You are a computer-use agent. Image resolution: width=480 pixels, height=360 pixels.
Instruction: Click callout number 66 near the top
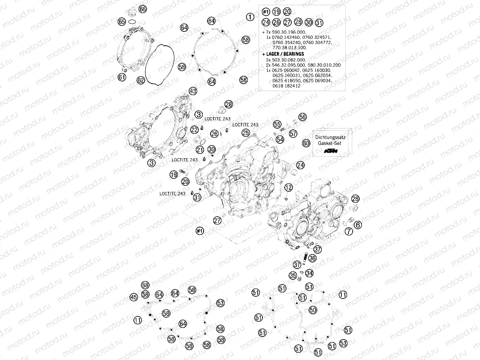tap(143, 9)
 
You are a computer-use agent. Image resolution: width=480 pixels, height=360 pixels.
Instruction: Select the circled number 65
tap(122, 21)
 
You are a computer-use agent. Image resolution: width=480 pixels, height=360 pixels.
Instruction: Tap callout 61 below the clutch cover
tap(122, 78)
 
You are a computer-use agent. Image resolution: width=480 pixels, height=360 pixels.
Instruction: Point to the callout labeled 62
tap(140, 80)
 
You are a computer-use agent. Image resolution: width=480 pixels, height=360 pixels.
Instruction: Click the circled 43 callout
tap(193, 91)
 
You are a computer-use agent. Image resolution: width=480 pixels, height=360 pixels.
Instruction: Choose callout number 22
tap(194, 129)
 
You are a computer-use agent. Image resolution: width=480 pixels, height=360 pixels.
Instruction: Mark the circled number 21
tap(200, 150)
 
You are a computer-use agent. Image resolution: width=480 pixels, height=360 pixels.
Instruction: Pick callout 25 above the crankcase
tap(246, 132)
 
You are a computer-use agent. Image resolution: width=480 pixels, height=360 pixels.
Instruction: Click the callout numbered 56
tap(303, 117)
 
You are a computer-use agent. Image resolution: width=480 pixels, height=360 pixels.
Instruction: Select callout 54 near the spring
tap(280, 139)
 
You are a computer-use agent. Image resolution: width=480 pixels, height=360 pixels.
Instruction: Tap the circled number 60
tap(306, 143)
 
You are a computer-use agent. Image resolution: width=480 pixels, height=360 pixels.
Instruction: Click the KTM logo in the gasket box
tap(333, 151)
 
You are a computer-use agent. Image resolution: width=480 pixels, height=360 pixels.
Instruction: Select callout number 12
tap(288, 187)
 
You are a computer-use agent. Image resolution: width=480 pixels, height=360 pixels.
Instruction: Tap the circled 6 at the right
tap(357, 225)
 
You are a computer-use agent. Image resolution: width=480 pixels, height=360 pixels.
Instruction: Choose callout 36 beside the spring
tap(312, 258)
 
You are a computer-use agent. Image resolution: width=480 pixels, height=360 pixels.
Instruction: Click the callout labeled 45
tap(134, 297)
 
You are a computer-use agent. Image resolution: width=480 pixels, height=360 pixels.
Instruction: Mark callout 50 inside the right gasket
tap(313, 310)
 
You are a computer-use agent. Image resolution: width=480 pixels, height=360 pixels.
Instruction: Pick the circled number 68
tap(145, 285)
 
